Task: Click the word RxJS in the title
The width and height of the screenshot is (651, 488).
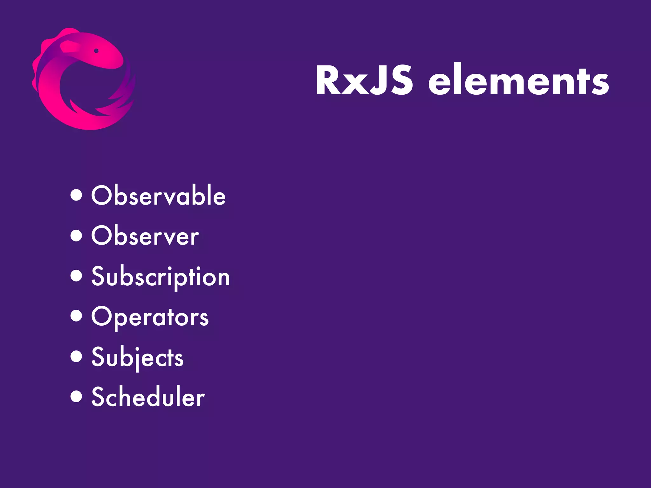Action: pos(364,80)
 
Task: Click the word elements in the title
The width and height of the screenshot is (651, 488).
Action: pos(518,80)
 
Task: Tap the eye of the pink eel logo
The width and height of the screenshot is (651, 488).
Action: pos(96,51)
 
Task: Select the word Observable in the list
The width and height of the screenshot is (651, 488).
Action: pos(158,195)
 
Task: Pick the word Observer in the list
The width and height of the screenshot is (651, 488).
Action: pos(145,235)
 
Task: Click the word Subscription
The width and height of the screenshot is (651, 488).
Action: pos(161,276)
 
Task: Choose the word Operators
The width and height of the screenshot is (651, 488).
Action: pos(150,317)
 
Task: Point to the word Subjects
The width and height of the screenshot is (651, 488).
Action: pos(137,357)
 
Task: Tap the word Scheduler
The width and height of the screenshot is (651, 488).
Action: pos(148,397)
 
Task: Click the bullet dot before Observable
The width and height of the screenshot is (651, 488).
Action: pos(76,195)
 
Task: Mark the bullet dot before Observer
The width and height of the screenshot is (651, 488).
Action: pos(76,235)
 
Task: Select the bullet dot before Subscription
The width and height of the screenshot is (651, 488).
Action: pos(76,275)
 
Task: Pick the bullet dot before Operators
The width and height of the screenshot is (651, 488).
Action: pos(76,316)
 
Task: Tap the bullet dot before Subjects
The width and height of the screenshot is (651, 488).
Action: pos(76,356)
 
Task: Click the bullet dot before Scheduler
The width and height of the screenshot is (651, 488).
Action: pos(76,396)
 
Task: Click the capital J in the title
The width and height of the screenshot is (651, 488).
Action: pos(378,80)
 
